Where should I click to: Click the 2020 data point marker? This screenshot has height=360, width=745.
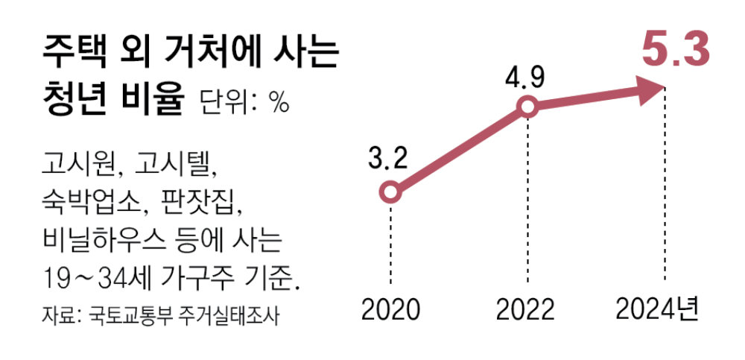[390, 193]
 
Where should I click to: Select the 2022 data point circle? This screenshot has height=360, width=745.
[527, 107]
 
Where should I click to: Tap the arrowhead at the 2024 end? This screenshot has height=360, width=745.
[653, 90]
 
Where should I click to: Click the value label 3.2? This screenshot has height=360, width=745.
[389, 159]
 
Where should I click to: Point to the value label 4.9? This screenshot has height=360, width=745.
[526, 75]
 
